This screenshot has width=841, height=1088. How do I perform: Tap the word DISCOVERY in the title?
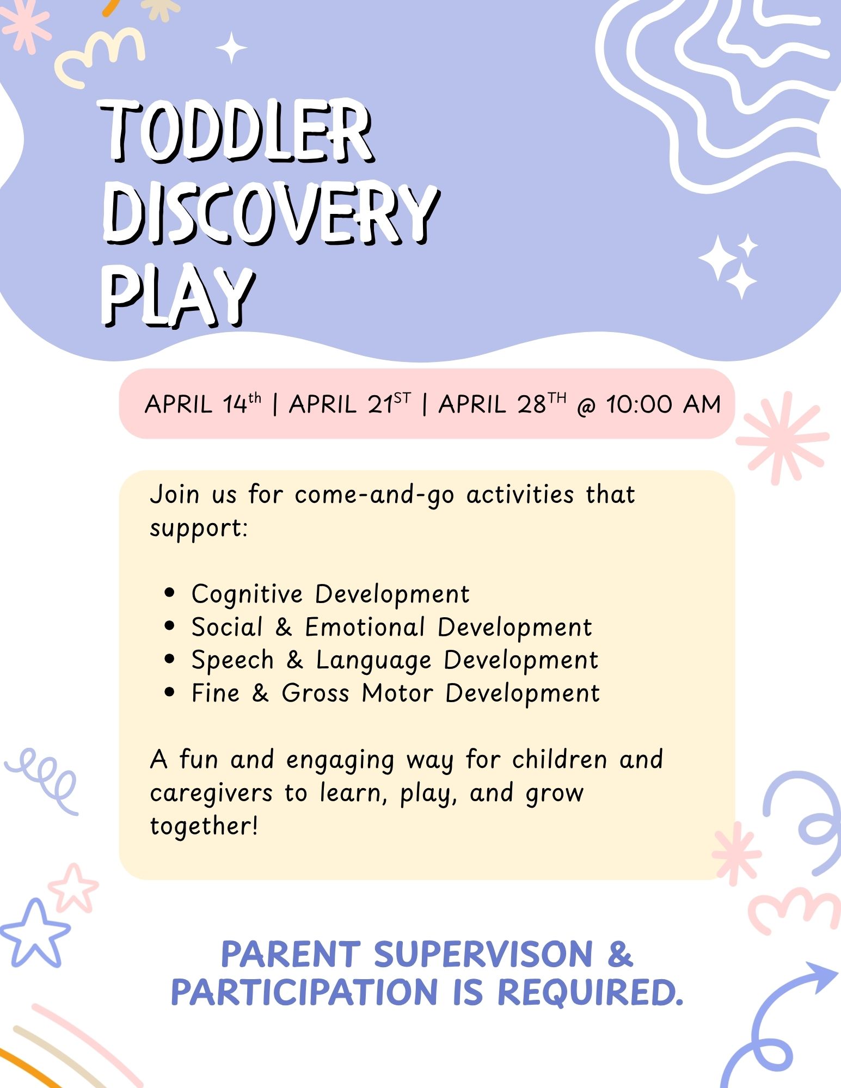coord(271,213)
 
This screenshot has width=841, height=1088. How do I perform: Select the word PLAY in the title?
coord(177,296)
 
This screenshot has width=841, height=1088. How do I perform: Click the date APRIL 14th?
coord(203,404)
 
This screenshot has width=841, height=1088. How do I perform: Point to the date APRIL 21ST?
coord(350,404)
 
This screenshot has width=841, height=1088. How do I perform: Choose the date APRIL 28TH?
coord(502,404)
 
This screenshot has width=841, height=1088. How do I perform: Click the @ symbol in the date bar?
coord(586,406)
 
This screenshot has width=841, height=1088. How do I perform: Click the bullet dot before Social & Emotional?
coord(170,626)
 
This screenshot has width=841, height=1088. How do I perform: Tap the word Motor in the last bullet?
coord(398,693)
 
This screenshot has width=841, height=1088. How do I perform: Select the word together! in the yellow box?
coord(204,826)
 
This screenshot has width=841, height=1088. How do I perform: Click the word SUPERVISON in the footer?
coord(483,954)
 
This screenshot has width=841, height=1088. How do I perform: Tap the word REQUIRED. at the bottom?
coord(591,992)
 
